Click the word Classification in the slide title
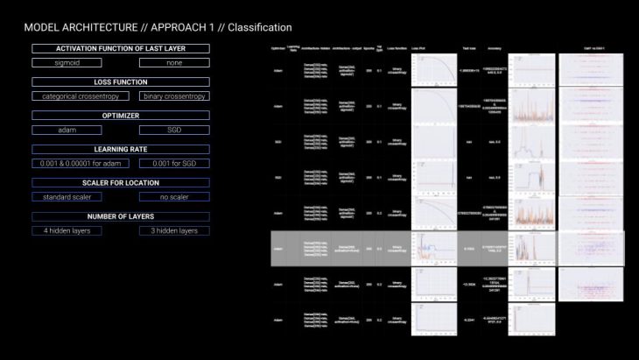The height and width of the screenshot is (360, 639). click(258, 28)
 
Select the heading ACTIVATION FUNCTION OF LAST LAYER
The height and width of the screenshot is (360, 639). click(121, 47)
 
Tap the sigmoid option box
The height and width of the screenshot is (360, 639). click(67, 62)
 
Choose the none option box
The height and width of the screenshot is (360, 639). click(174, 62)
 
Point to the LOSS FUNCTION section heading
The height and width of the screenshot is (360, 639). click(121, 81)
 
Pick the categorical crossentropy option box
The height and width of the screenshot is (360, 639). click(67, 95)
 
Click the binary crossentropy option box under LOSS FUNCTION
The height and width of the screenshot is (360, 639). click(174, 95)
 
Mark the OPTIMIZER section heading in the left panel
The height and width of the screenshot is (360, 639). click(121, 115)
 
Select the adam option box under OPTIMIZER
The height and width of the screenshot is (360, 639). click(67, 130)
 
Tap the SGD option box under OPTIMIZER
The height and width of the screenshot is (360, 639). click(174, 130)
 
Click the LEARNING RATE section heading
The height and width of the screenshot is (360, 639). click(121, 149)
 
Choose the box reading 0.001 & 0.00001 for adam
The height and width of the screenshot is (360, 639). click(67, 164)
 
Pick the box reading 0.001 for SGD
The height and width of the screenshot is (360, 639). click(174, 164)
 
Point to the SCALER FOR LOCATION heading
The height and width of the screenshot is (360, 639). click(121, 182)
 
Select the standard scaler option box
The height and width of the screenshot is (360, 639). click(67, 197)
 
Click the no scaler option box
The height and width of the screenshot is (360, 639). click(174, 197)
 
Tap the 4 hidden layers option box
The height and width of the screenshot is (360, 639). click(67, 230)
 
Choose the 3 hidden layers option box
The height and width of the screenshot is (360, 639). click(174, 230)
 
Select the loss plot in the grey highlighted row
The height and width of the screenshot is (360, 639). click(434, 249)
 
